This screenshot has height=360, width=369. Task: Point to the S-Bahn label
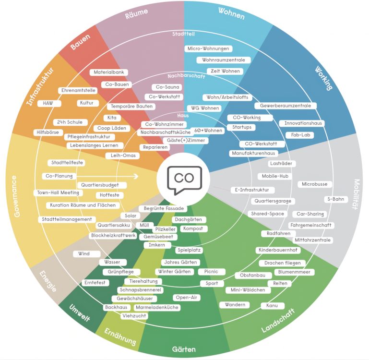pyautogui.click(x=336, y=199)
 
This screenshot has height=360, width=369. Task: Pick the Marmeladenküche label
pyautogui.click(x=157, y=307)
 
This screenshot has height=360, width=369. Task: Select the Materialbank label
pyautogui.click(x=109, y=72)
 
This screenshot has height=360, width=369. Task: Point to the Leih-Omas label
pyautogui.click(x=122, y=156)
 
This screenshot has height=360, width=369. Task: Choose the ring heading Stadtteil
pyautogui.click(x=183, y=34)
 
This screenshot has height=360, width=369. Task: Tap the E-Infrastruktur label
pyautogui.click(x=250, y=190)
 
